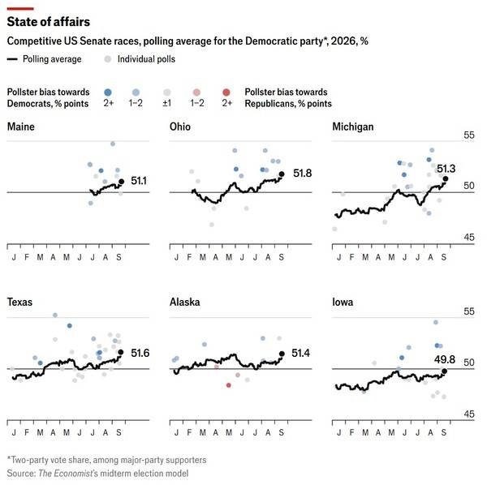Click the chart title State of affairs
pos(49,22)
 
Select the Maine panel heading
pos(21,127)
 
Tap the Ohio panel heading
pos(180,127)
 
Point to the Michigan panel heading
pos(353,127)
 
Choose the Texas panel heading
pos(19,302)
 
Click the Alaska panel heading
pos(185,302)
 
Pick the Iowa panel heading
pos(343,302)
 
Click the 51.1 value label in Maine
pos(139,181)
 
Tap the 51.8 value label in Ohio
pos(302,173)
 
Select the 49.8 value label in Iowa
pos(445,359)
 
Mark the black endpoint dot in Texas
pos(121,352)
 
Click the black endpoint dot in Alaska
pos(282,354)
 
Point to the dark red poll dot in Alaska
pos(229,385)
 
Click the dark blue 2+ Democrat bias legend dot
pos(108,92)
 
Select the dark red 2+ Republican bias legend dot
pos(226,92)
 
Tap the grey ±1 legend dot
pos(167,92)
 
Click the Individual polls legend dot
pos(107,59)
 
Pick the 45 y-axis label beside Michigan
pos(469,238)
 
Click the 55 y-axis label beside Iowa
pos(469,311)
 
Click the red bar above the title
pos(20,9)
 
